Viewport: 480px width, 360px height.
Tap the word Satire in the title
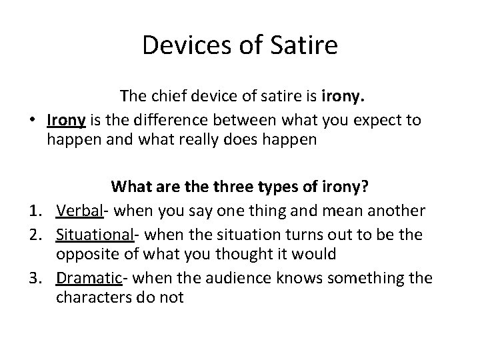(x=307, y=45)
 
